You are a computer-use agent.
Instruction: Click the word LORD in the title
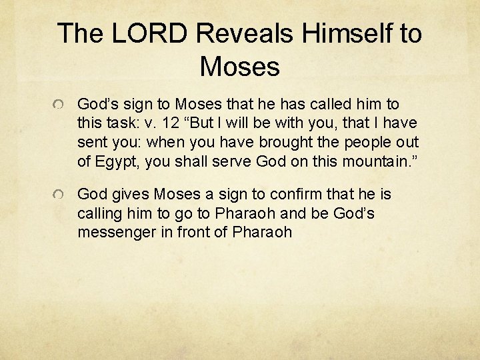(x=151, y=33)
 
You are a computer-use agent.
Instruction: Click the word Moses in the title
(x=239, y=66)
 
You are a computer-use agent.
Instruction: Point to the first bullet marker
(x=60, y=106)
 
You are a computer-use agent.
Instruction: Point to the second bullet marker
(x=60, y=196)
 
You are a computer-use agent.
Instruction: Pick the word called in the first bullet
(x=332, y=104)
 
